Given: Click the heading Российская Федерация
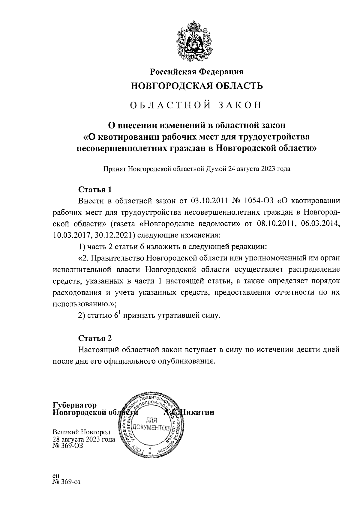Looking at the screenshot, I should coord(196,72).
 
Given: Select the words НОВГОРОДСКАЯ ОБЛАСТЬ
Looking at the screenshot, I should coord(197,86).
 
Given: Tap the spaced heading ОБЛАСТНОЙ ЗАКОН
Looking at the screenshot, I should coord(197,105).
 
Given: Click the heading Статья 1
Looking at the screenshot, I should coord(94,189).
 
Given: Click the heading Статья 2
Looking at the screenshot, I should coord(94,338).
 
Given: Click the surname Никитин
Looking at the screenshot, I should coord(196,412).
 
